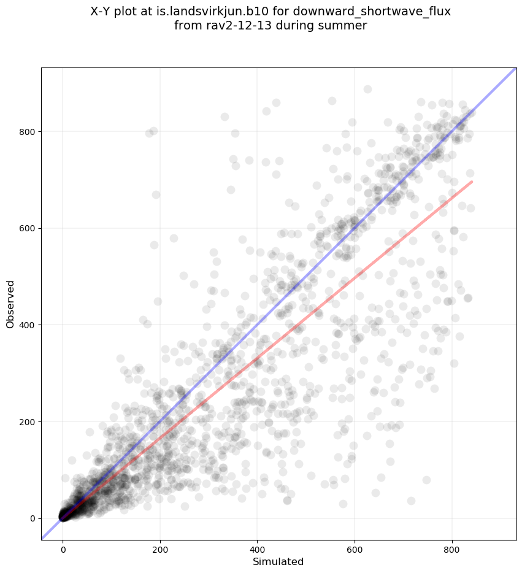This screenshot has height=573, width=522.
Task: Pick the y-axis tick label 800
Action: (27, 131)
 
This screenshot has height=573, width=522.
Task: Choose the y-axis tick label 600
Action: (27, 228)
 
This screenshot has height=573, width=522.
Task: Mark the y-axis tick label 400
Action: (27, 325)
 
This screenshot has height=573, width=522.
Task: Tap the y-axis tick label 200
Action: (27, 421)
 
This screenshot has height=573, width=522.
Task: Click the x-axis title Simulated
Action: (278, 562)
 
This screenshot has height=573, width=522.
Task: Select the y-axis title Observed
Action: (10, 304)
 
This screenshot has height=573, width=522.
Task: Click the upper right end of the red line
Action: (471, 182)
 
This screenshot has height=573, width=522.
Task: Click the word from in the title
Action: (186, 26)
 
